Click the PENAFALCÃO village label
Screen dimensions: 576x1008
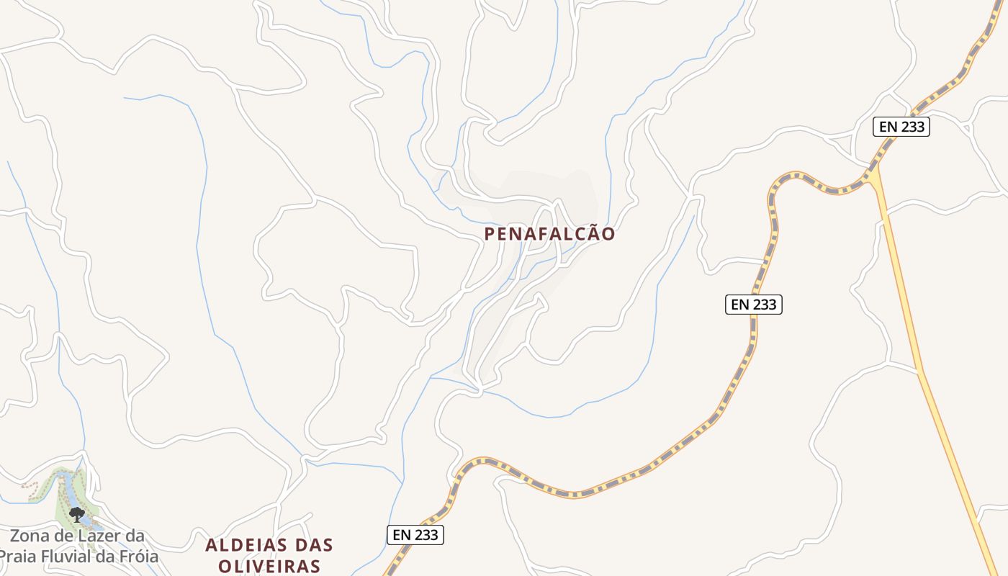[x=549, y=234]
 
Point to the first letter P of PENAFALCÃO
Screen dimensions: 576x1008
[x=490, y=235]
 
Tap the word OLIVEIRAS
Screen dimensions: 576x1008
[x=269, y=566]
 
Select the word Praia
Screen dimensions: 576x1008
[x=18, y=557]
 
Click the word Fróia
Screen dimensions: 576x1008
[x=137, y=557]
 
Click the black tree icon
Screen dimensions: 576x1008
[x=76, y=514]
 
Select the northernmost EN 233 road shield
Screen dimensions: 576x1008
[x=901, y=127]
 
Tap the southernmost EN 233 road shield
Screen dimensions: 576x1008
[x=415, y=535]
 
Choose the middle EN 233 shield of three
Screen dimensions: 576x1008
[x=753, y=305]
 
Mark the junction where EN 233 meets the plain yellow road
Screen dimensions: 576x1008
[x=873, y=173]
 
